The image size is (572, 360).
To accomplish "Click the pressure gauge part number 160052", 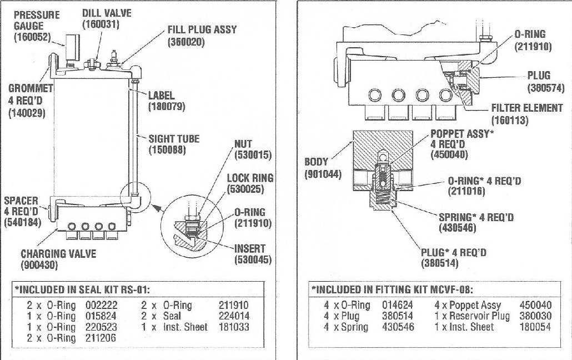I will (x=32, y=37).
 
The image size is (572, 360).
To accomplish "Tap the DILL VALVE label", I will (x=107, y=13).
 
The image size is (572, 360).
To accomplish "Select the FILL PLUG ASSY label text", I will (x=202, y=29).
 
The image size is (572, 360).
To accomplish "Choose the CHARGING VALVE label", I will (x=58, y=254).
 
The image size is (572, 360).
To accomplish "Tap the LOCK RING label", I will (x=250, y=178).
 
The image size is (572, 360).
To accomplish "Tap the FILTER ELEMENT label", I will (x=527, y=108).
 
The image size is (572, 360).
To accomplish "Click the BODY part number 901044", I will (x=322, y=173).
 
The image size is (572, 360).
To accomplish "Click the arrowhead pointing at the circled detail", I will (x=156, y=208).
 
